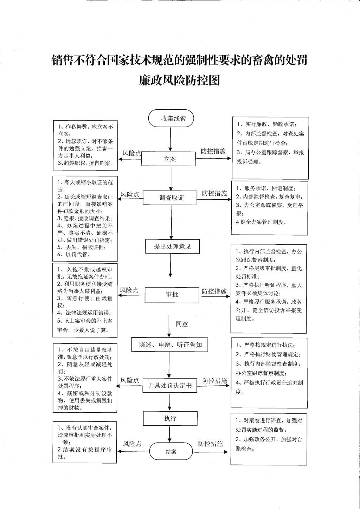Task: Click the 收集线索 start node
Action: click(x=171, y=118)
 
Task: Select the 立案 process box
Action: click(x=168, y=159)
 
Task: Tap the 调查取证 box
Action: click(x=170, y=198)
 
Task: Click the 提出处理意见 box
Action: click(x=173, y=246)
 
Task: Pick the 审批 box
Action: click(x=172, y=295)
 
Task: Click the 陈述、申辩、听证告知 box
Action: click(x=169, y=345)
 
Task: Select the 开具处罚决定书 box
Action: click(x=170, y=385)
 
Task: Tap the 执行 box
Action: click(x=170, y=418)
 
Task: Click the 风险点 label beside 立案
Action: click(x=132, y=153)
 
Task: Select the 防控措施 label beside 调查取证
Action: click(x=214, y=193)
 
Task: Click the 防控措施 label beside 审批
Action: click(x=214, y=291)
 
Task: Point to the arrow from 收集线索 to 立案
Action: click(x=171, y=139)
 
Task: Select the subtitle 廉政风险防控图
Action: click(x=180, y=80)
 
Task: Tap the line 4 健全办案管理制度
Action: click(x=261, y=222)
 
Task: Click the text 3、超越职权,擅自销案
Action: click(x=85, y=163)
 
